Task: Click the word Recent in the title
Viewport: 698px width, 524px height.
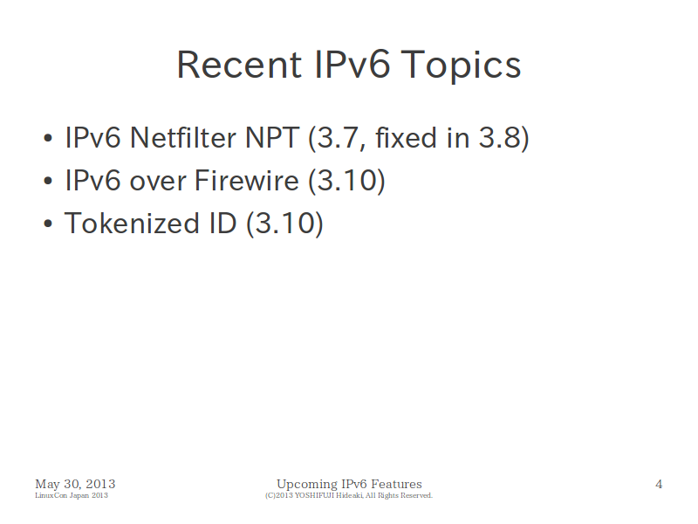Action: pos(239,65)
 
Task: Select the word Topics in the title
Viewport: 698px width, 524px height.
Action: pos(461,66)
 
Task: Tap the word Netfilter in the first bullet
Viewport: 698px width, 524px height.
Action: pos(182,137)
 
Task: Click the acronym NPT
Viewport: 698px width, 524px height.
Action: pos(272,137)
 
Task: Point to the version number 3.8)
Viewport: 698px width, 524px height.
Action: pos(504,138)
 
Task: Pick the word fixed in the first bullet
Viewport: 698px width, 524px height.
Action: pos(406,137)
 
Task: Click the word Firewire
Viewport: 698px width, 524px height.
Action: pos(247,181)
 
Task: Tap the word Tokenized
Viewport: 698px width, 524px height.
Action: pos(132,224)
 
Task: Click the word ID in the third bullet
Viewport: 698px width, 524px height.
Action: pos(222,224)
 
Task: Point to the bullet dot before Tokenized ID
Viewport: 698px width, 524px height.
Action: pos(48,224)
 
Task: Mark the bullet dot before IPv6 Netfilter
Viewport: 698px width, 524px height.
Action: pos(48,138)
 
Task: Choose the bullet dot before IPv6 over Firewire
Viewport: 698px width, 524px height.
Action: pos(48,182)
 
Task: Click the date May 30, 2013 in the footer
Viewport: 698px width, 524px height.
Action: pos(75,485)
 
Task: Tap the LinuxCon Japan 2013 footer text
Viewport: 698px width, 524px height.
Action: pos(72,495)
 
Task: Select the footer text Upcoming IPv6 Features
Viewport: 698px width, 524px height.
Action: pos(350,485)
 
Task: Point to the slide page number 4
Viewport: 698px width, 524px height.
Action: pos(659,485)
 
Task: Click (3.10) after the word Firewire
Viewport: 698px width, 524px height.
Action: pos(346,182)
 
